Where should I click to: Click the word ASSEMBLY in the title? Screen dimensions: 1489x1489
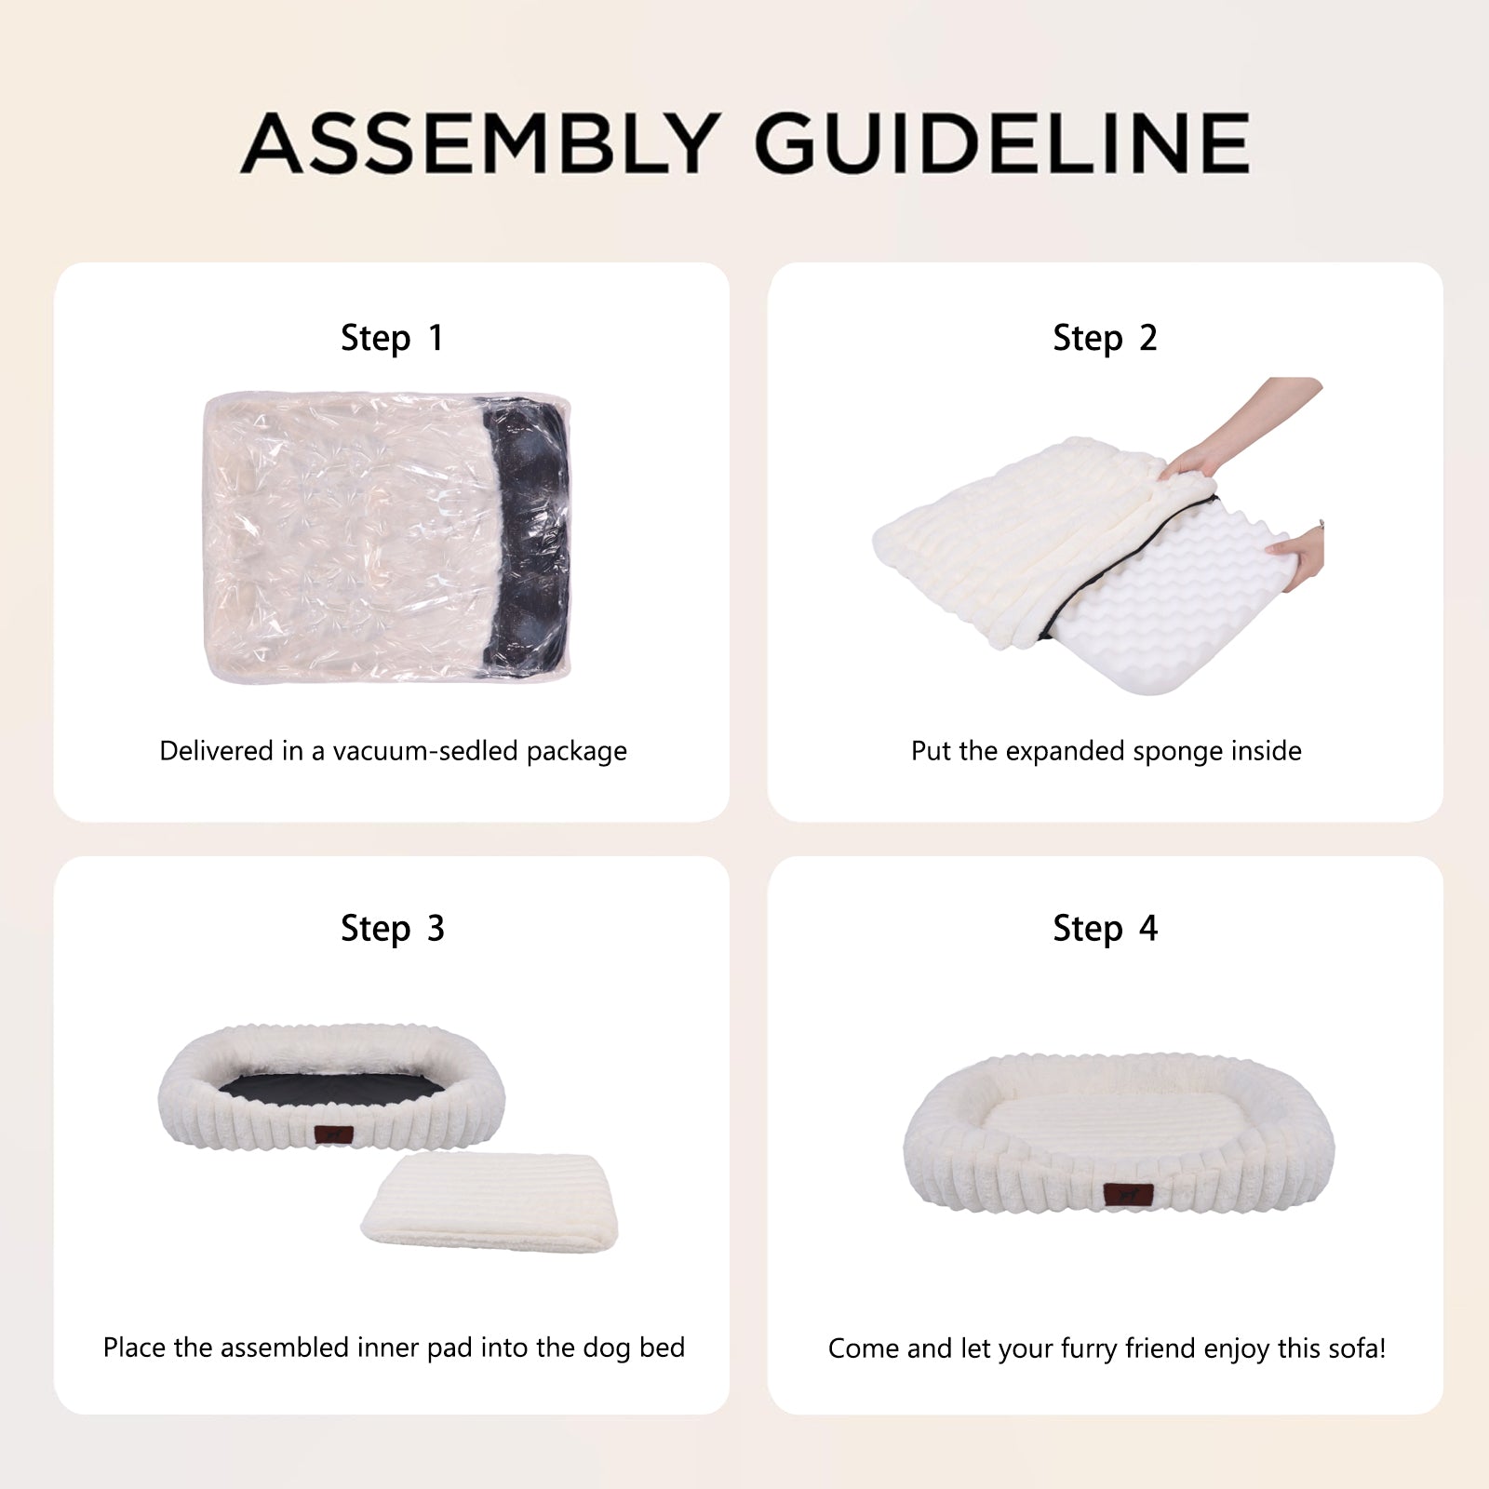click(481, 143)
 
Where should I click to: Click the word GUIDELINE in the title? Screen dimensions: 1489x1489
click(1001, 143)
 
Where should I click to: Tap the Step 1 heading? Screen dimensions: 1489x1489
click(392, 339)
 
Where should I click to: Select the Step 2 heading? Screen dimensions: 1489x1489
click(1105, 339)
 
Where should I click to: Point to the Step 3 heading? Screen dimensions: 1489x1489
click(392, 929)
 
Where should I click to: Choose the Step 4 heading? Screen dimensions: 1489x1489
click(1105, 929)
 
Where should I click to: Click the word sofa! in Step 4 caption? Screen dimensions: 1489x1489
click(1353, 1348)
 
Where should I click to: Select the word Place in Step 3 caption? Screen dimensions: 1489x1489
click(133, 1348)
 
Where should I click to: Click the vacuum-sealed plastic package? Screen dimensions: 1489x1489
click(386, 537)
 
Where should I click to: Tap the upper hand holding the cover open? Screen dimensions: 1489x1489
click(1242, 428)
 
